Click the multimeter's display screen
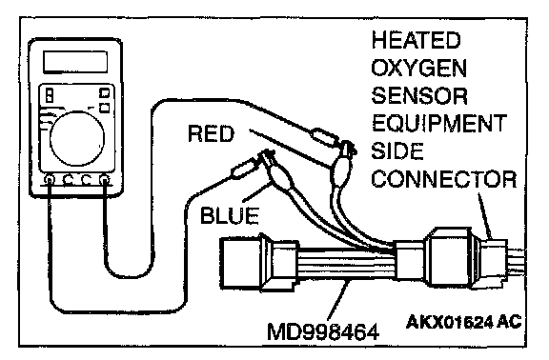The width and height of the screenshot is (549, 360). (75, 62)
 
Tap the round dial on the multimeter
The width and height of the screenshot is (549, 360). (77, 138)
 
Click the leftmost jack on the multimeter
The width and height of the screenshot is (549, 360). (51, 180)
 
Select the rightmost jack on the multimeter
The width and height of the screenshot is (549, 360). (105, 180)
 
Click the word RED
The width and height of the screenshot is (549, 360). (211, 133)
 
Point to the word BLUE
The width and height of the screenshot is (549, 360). (230, 215)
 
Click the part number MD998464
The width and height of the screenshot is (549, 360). (323, 331)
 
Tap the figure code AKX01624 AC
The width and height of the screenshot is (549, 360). (464, 322)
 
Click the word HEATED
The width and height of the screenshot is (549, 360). (416, 40)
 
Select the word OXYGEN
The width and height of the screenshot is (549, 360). (419, 68)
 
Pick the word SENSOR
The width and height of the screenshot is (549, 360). (419, 95)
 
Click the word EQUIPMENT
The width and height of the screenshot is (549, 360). (439, 123)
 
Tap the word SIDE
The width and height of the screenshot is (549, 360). (397, 150)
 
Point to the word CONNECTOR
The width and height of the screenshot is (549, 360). (444, 179)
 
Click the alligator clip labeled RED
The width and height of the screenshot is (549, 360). (343, 165)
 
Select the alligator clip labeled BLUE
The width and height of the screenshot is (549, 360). (276, 169)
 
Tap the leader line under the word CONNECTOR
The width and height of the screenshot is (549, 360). (485, 215)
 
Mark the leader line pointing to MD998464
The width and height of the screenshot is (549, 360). (337, 300)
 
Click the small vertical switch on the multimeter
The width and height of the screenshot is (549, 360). (50, 95)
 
